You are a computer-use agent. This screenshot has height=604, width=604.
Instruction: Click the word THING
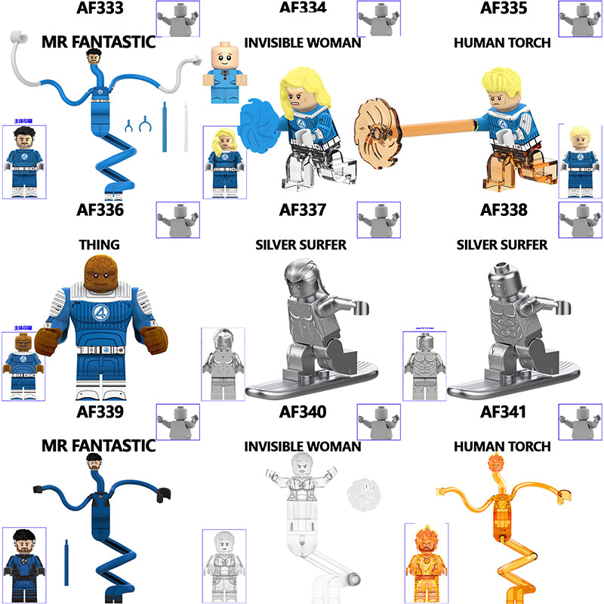(x=99, y=245)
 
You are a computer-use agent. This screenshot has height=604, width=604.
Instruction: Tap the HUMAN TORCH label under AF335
(x=502, y=42)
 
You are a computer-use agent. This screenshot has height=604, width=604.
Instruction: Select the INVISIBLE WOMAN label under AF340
(x=302, y=447)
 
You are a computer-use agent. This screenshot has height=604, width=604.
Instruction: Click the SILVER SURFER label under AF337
(x=301, y=245)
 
